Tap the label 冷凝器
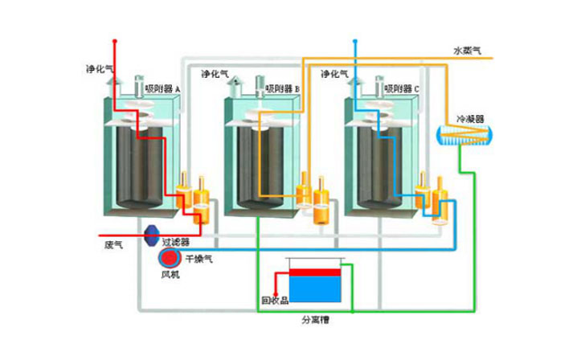(469, 118)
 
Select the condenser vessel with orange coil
(463, 137)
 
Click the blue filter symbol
(150, 235)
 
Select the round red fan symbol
(170, 258)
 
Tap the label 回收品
(275, 301)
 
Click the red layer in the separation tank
(313, 272)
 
